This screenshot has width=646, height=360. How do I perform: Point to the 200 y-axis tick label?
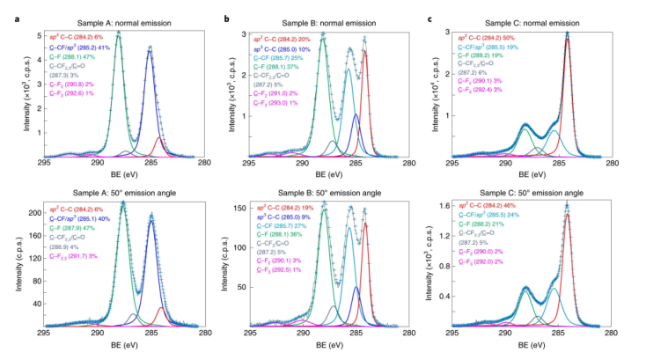point(32,213)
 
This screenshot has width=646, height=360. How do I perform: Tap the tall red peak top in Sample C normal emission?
point(567,33)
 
